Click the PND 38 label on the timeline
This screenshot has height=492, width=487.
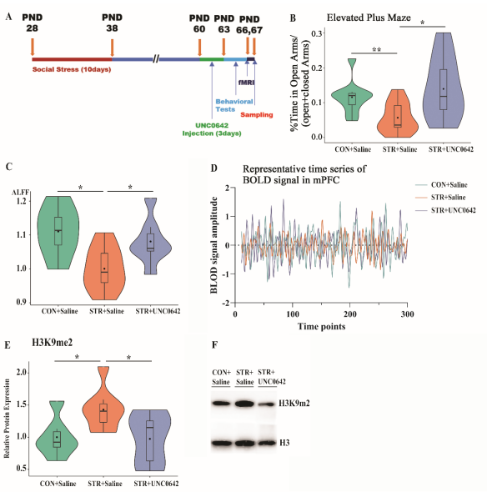point(112,23)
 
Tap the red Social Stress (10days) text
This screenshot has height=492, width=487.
point(72,69)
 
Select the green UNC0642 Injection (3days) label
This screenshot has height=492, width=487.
point(212,129)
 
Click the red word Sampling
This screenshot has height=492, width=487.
point(257,115)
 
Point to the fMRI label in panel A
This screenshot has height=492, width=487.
point(246,83)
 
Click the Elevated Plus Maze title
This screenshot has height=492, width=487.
point(369,18)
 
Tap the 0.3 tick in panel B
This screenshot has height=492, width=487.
point(318,33)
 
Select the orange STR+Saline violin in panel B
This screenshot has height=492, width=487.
point(397,113)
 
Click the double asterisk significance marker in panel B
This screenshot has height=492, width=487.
point(377,49)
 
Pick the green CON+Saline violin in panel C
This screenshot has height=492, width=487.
point(58,233)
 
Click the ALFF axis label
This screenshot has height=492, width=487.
point(20,192)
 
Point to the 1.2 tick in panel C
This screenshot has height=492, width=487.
point(21,200)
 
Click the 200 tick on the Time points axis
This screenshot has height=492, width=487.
point(350,314)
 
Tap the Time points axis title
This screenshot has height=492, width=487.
point(321,327)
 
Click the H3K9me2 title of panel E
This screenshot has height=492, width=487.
point(52,343)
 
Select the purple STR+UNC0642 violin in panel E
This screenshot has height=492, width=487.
point(149,440)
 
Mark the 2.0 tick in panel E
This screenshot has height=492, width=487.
point(21,373)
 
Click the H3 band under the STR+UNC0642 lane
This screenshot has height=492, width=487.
point(267,443)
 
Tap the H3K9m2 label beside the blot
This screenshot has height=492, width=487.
point(294,404)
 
